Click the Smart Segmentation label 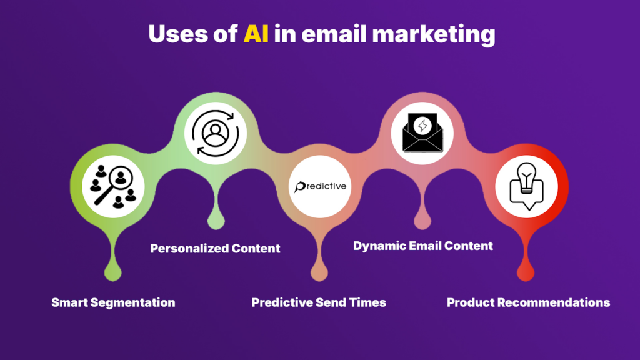click(113, 302)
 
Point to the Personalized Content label click(215, 248)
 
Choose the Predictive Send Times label click(319, 302)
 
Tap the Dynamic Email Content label click(423, 246)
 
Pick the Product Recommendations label click(528, 302)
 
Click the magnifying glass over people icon click(113, 186)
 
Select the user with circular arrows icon click(216, 132)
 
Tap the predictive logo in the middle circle click(320, 186)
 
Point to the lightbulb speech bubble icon click(527, 186)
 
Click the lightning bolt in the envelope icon click(422, 124)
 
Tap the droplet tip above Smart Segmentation click(112, 272)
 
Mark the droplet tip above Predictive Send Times click(319, 272)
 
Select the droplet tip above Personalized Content click(216, 220)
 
